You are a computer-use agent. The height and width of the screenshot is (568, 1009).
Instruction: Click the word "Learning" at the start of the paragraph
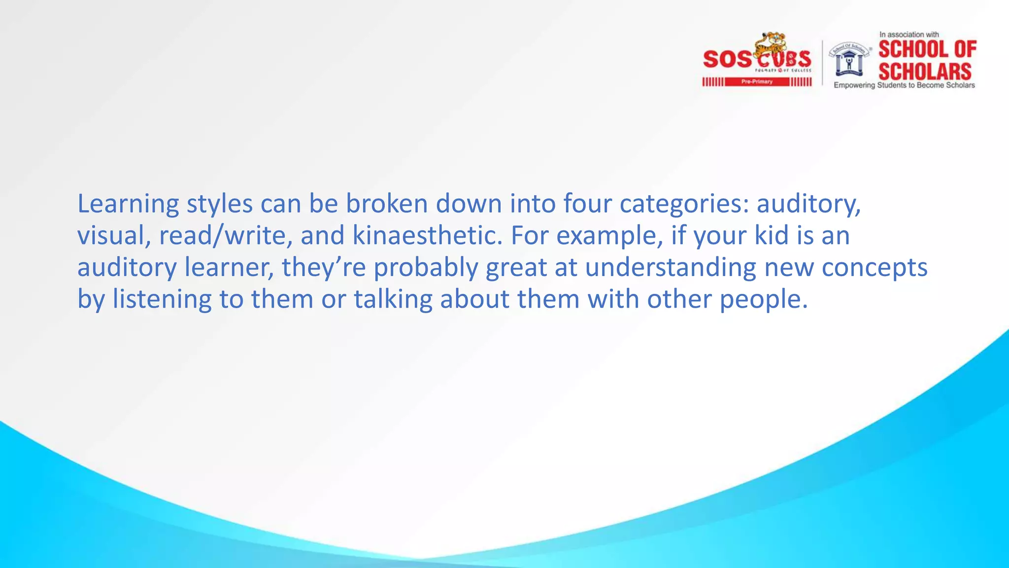[128, 204]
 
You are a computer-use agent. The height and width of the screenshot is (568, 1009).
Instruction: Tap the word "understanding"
[671, 268]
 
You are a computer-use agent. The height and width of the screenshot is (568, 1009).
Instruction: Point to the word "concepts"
[874, 268]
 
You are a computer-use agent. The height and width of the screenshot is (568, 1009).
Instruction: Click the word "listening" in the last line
[162, 300]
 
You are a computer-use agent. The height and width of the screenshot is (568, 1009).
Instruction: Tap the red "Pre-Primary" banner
[757, 82]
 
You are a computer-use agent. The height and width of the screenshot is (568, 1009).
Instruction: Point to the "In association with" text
[909, 35]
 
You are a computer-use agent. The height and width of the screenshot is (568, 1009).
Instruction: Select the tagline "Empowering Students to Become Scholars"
[904, 85]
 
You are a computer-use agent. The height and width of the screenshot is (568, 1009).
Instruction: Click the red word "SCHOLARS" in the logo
[925, 71]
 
